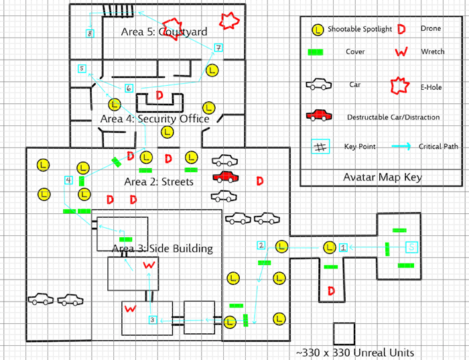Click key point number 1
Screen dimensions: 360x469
pos(344,247)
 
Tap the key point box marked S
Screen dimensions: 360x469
pos(412,247)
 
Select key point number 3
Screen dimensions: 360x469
pos(153,320)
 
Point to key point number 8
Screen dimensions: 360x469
pos(90,33)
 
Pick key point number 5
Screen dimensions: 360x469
pos(82,68)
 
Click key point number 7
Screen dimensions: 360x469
pos(218,48)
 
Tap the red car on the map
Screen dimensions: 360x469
pos(226,177)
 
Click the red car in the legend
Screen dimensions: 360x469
pos(319,117)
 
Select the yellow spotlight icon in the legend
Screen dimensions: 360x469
pos(319,29)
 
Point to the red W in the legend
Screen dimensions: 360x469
pos(402,52)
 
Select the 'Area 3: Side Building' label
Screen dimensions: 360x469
pos(161,249)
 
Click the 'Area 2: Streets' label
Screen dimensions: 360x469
pos(159,182)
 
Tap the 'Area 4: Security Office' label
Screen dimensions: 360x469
pos(155,119)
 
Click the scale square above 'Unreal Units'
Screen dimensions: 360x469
pos(344,333)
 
